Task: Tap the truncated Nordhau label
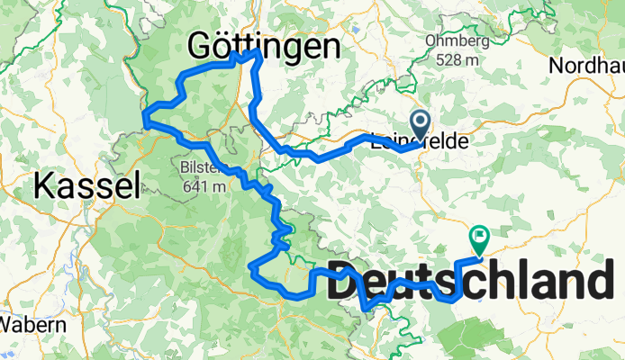point(586,66)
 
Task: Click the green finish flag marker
point(478,238)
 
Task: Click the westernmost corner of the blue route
point(145,113)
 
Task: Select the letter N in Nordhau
point(557,66)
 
